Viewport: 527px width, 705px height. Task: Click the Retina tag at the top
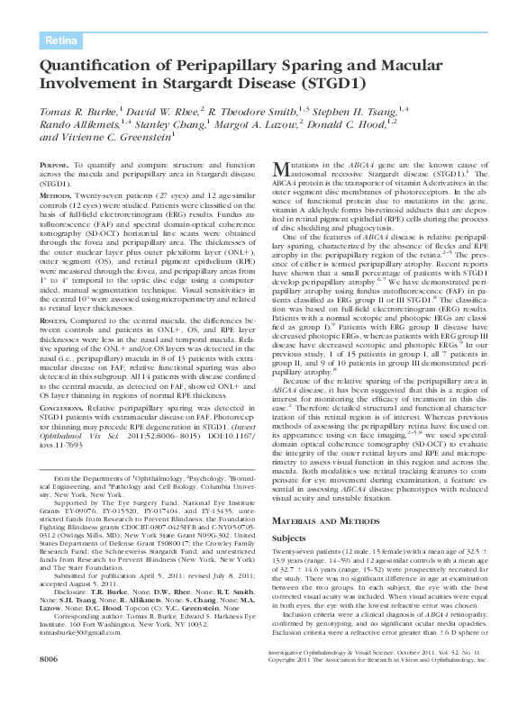click(61, 41)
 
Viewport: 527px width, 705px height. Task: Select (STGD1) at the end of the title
click(331, 83)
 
